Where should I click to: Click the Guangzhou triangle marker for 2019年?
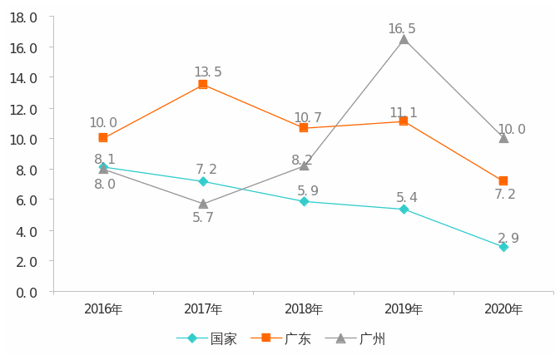(x=404, y=39)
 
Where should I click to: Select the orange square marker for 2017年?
(x=203, y=85)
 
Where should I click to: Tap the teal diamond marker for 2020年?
(x=503, y=247)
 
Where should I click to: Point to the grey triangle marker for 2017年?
(x=203, y=204)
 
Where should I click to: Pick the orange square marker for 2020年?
(x=503, y=181)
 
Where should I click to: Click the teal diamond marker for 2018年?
(x=304, y=201)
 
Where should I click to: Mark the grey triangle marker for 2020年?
(x=503, y=138)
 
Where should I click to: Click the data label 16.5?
(x=402, y=29)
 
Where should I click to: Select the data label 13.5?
(x=208, y=72)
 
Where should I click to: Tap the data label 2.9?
(x=508, y=239)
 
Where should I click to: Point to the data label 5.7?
(x=203, y=218)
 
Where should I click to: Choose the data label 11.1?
(x=404, y=113)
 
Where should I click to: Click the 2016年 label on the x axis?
(x=103, y=309)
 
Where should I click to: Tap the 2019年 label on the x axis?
(x=404, y=309)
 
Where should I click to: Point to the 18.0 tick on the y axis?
(x=23, y=17)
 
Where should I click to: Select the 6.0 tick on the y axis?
(x=23, y=200)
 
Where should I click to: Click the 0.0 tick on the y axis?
(x=23, y=292)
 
